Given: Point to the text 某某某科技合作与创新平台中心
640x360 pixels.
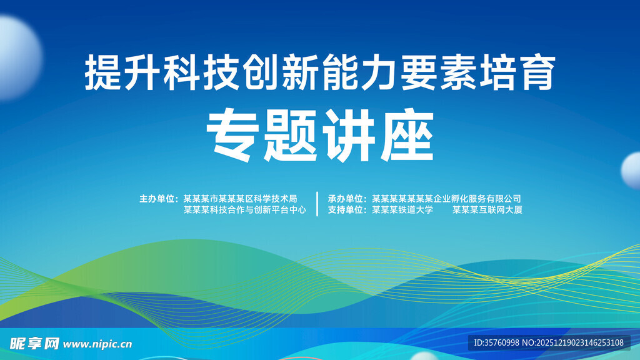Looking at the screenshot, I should point(244,210).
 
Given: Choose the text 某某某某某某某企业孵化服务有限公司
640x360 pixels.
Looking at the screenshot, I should point(446,199).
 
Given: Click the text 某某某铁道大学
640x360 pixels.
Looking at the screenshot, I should point(402,210).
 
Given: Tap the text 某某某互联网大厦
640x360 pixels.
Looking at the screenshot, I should point(487,210).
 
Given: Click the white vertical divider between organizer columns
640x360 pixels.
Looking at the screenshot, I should point(317,204).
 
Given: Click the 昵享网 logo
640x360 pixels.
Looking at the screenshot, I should point(35,343).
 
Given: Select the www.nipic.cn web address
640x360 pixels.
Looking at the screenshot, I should point(98,344).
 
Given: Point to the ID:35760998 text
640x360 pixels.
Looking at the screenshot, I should point(497,342).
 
